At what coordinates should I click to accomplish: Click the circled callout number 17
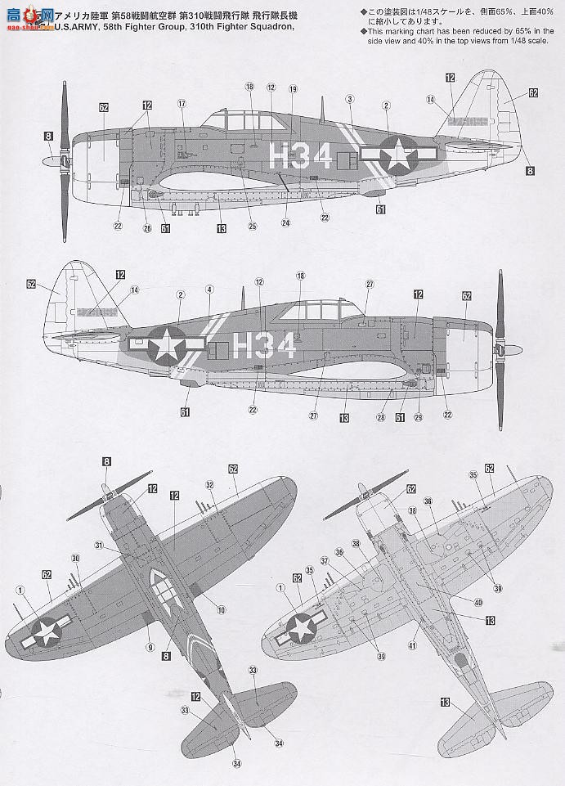182,104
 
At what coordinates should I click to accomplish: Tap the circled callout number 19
294,88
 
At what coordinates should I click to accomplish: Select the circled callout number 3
349,99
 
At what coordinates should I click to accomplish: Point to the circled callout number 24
286,222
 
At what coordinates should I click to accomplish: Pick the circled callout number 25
253,227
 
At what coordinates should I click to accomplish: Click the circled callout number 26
148,228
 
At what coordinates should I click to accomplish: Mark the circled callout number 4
209,289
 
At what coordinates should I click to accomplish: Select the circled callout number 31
99,546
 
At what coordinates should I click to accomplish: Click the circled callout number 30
76,559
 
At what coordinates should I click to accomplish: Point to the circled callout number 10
222,609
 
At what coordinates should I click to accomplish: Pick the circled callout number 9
150,647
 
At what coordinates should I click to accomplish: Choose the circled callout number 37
325,560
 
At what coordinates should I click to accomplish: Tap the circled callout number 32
210,485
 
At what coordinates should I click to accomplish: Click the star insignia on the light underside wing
302,627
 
